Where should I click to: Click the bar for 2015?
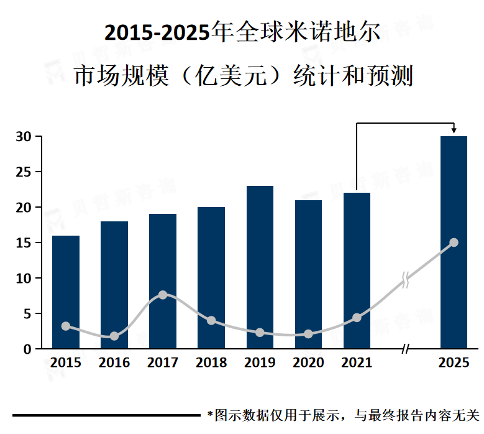click(66, 292)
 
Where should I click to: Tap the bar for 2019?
click(260, 267)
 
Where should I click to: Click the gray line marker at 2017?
click(163, 295)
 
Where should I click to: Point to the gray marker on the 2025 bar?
click(454, 242)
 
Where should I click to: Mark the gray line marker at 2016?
click(114, 336)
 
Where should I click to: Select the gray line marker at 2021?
click(357, 318)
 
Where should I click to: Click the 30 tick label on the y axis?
click(24, 137)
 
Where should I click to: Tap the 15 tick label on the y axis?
click(24, 243)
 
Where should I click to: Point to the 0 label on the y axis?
click(27, 349)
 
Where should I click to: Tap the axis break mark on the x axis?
click(405, 349)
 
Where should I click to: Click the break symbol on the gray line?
click(406, 280)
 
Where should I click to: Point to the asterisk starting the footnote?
click(210, 414)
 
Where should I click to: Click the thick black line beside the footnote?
click(106, 415)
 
